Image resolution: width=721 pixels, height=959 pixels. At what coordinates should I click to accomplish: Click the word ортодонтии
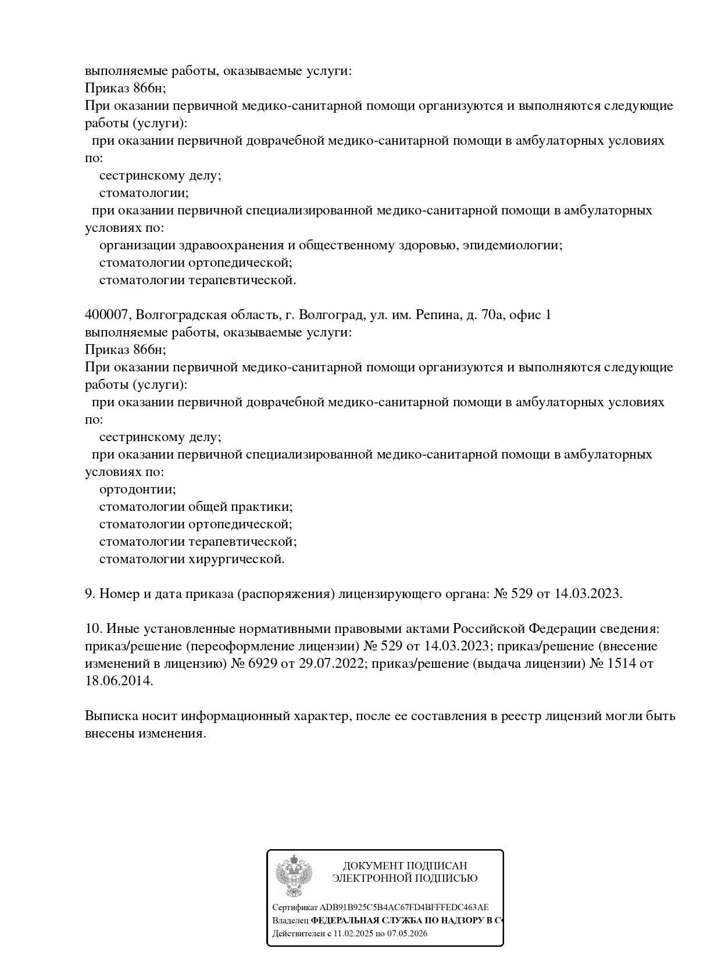(x=137, y=489)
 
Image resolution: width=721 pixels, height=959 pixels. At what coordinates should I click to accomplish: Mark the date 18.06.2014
(x=119, y=681)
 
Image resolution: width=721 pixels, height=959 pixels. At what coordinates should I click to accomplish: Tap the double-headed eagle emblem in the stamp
(x=294, y=876)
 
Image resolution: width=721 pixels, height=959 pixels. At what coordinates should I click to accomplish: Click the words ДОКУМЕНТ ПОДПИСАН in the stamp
(x=405, y=866)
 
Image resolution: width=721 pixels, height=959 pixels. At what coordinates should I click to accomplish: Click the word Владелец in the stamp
(x=290, y=921)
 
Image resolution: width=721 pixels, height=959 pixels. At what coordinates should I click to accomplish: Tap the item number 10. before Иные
(x=93, y=629)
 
